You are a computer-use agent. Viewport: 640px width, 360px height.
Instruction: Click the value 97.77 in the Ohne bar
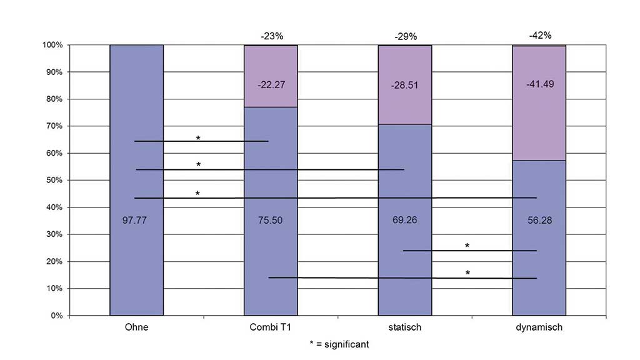point(136,219)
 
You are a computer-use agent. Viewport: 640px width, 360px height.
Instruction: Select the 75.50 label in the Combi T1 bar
point(271,219)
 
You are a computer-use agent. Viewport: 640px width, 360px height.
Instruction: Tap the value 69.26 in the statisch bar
point(405,219)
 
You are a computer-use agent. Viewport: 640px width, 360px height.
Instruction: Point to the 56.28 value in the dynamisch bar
point(539,219)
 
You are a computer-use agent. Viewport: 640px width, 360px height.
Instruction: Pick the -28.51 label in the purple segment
point(405,84)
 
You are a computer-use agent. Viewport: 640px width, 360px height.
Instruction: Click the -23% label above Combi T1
point(271,36)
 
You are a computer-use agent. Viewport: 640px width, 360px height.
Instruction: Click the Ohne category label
point(136,327)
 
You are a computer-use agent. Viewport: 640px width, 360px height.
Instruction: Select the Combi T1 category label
point(271,327)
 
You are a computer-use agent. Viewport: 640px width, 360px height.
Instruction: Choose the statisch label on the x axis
point(405,327)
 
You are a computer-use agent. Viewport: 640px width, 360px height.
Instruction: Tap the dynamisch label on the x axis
point(539,327)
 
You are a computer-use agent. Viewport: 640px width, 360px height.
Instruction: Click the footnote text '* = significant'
point(339,344)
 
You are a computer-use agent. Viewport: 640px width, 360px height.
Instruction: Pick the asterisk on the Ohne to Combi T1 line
point(198,137)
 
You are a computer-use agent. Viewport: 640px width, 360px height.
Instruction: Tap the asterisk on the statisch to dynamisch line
point(467,246)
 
